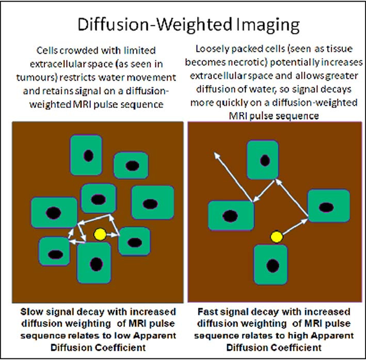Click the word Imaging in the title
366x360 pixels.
258,25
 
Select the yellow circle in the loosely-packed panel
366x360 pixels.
277,237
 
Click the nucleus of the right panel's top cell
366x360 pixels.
265,160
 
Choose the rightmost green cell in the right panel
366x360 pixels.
328,206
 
